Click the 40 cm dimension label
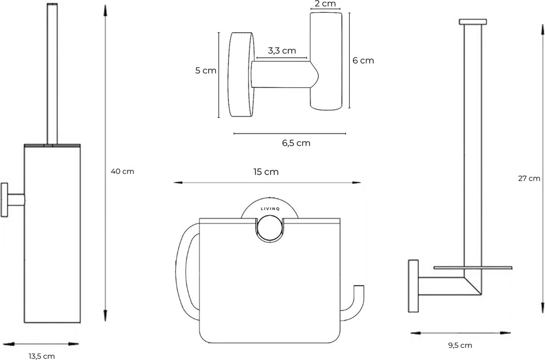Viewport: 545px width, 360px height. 123,172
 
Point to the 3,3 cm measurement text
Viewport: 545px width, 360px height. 282,50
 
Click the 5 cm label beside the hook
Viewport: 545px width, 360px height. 206,71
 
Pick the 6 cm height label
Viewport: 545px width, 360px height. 363,60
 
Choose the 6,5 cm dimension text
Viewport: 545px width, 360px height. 296,143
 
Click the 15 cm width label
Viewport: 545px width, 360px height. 266,172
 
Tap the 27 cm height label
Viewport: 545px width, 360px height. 529,178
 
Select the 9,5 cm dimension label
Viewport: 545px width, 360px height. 459,345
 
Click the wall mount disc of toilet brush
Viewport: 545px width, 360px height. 5,200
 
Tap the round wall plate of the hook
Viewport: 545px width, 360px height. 242,74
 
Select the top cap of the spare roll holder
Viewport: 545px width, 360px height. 473,22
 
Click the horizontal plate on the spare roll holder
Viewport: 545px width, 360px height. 472,268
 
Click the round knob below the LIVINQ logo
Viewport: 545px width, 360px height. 270,228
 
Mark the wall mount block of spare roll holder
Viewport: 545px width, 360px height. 413,286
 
